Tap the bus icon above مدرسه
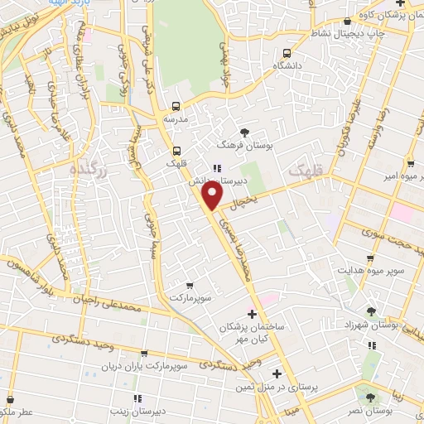(x=176, y=106)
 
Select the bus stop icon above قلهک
(x=176, y=150)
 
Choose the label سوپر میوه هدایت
(x=371, y=270)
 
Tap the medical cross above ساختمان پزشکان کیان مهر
(x=253, y=314)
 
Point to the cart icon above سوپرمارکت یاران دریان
(x=145, y=353)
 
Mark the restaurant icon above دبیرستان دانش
(x=216, y=167)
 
